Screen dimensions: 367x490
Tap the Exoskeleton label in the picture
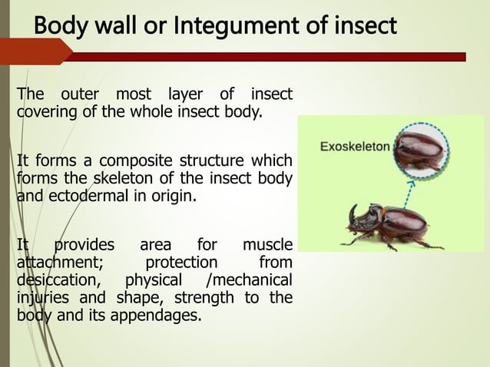pyautogui.click(x=354, y=144)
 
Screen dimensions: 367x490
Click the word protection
pyautogui.click(x=182, y=263)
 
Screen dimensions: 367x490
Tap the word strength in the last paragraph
pyautogui.click(x=210, y=296)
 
